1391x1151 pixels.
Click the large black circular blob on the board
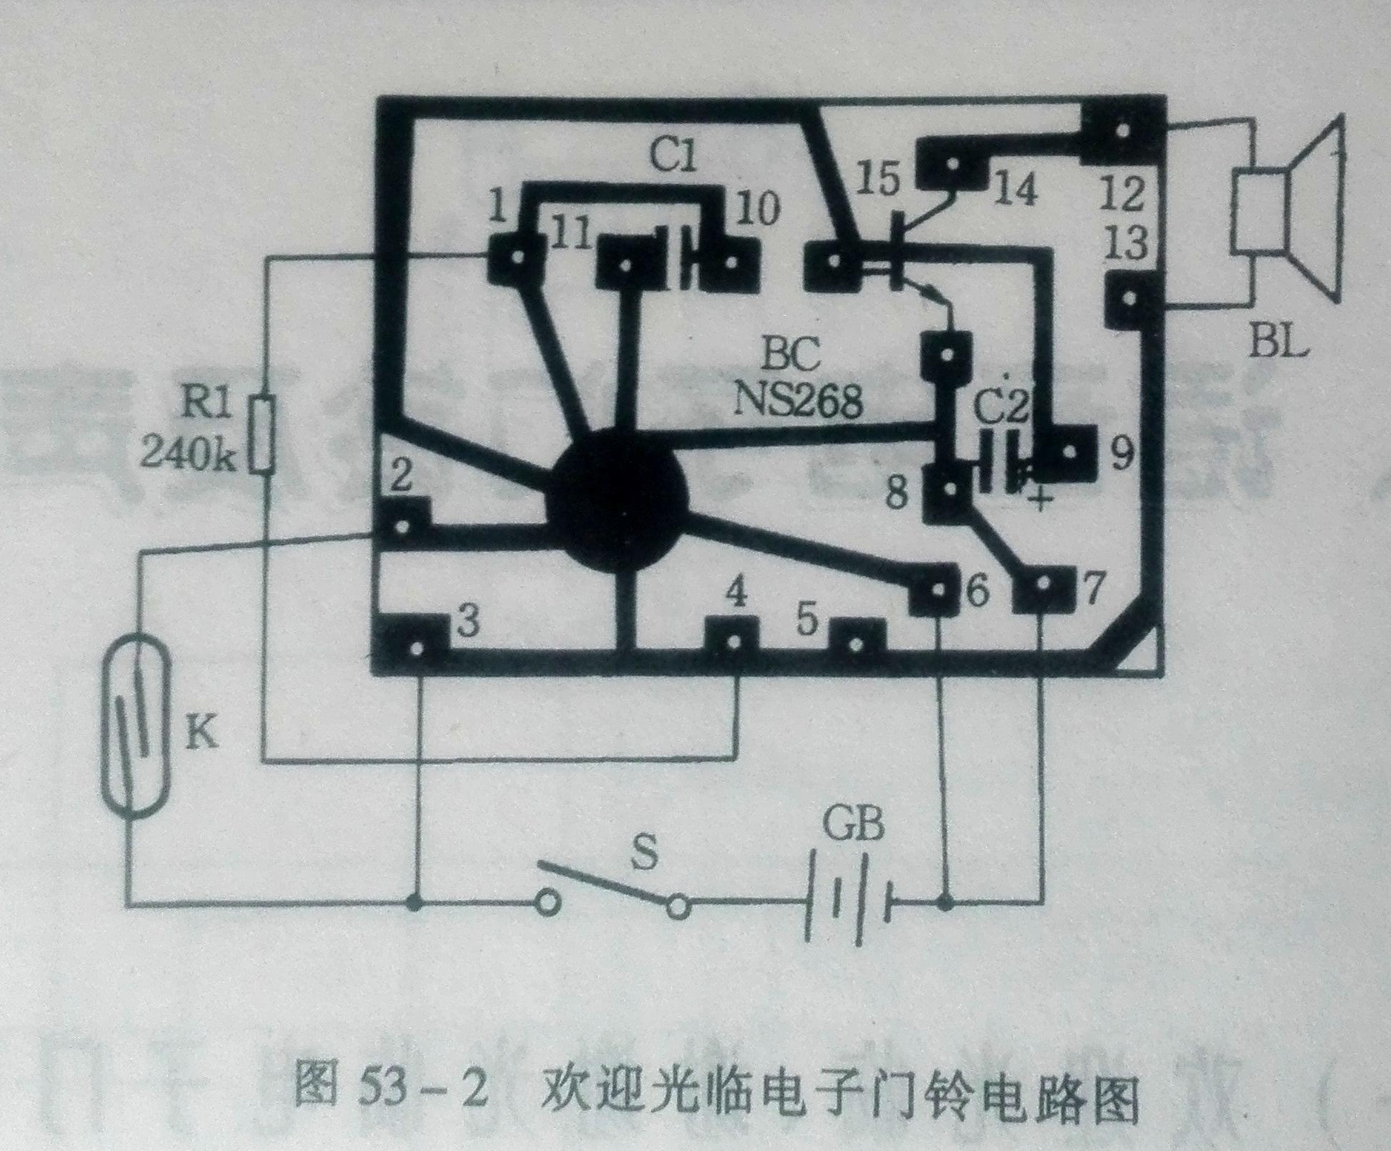(x=616, y=498)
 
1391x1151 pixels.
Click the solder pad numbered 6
(x=936, y=589)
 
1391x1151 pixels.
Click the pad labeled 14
(x=951, y=164)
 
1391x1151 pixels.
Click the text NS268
(x=797, y=401)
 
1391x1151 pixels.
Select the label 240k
(x=187, y=453)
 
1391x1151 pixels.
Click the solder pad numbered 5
(x=856, y=642)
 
